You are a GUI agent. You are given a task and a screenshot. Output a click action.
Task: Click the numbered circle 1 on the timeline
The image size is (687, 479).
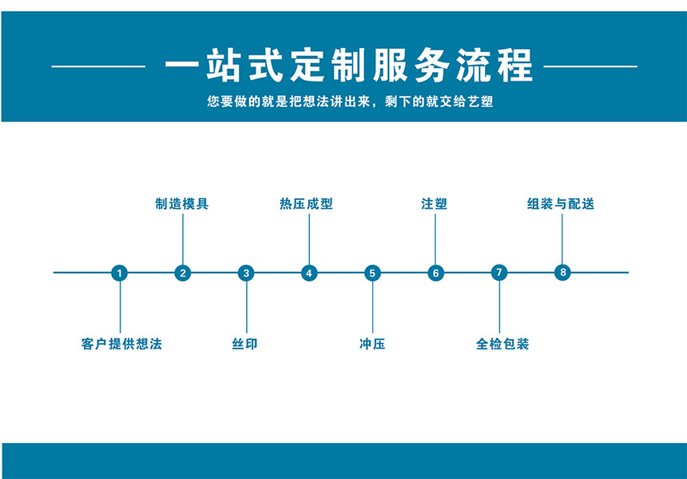click(119, 273)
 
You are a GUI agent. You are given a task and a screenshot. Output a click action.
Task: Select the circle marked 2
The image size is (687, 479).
click(183, 273)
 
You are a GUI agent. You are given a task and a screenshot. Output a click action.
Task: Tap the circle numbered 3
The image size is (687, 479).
click(246, 273)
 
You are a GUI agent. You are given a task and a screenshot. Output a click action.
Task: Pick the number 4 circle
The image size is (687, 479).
click(309, 273)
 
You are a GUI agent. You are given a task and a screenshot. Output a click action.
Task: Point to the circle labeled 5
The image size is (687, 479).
click(372, 273)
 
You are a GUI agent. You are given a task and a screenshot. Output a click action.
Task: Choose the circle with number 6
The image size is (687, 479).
click(435, 273)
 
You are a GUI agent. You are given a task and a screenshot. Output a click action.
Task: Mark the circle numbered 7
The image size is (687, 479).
click(499, 273)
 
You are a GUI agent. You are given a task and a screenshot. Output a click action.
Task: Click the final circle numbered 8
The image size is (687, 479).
click(562, 272)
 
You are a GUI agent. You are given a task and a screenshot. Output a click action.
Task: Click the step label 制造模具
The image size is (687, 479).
click(182, 204)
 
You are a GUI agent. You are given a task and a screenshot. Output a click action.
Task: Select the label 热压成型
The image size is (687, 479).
click(306, 204)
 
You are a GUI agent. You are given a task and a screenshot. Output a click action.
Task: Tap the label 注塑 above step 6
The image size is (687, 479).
click(435, 204)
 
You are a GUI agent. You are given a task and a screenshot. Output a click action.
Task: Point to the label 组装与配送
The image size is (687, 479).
click(561, 204)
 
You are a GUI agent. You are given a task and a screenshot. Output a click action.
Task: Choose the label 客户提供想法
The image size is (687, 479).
click(121, 344)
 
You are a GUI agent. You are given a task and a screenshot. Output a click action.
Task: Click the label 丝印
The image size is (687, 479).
click(245, 344)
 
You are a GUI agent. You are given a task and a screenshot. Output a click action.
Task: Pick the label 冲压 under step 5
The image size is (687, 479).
click(372, 344)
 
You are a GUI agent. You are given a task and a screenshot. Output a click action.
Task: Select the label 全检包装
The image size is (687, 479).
click(502, 344)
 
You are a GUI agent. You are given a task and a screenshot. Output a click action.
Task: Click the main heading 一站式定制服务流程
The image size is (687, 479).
click(349, 66)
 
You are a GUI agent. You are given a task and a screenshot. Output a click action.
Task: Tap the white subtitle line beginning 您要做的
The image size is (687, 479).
click(350, 102)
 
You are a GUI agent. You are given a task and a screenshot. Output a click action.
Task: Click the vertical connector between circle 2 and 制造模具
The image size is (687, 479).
click(183, 239)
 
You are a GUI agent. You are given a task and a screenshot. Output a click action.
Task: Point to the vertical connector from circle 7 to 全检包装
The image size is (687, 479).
click(499, 307)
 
